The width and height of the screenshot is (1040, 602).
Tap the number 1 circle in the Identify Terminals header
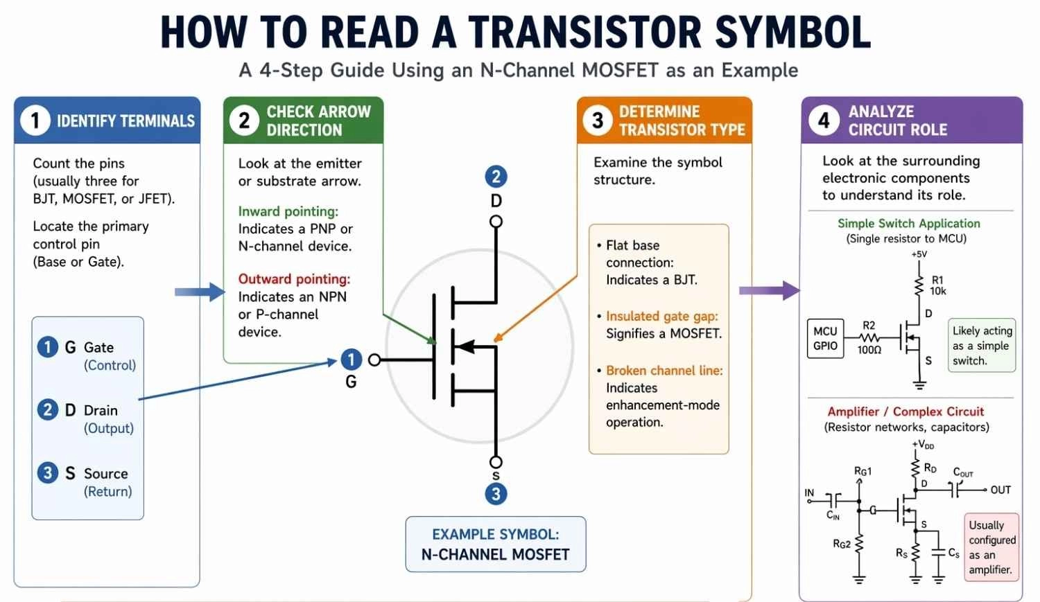(35, 121)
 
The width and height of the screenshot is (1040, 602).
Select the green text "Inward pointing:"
(288, 211)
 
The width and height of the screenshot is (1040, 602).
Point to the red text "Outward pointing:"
(294, 278)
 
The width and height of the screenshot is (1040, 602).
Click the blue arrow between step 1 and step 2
(199, 292)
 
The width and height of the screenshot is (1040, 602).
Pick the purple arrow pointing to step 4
(769, 290)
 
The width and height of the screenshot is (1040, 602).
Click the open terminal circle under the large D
(496, 222)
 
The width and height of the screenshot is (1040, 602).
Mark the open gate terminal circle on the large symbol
(374, 360)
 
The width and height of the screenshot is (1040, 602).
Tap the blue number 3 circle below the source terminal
(496, 494)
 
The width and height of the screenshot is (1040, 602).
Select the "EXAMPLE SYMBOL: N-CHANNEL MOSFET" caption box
(495, 545)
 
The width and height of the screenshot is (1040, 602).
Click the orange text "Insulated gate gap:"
(661, 316)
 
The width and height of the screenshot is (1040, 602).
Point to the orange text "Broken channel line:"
(664, 371)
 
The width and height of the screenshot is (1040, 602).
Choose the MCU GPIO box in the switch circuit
(825, 338)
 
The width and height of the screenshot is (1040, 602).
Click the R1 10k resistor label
(937, 285)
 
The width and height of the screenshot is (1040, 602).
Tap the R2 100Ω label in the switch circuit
(869, 337)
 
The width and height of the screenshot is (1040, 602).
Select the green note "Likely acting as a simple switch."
(982, 346)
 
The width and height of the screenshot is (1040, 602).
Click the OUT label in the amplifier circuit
(1000, 490)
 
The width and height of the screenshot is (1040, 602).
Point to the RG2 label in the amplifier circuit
(842, 544)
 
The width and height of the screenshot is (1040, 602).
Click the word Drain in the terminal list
(101, 410)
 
